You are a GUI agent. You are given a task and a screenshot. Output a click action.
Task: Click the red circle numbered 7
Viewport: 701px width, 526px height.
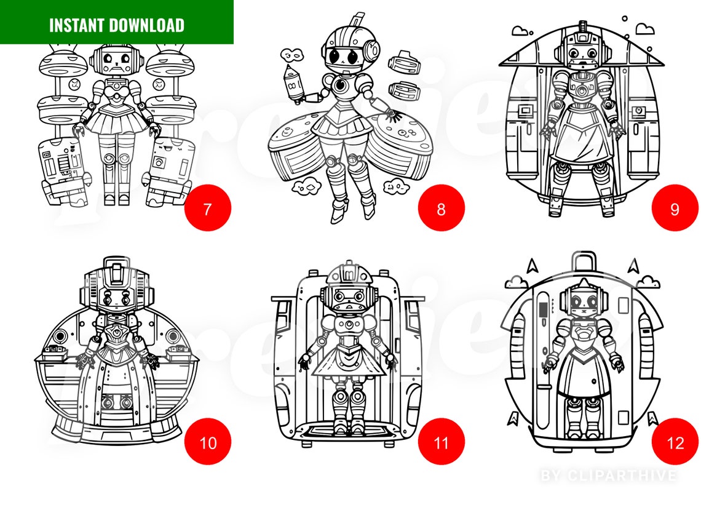[x=208, y=208]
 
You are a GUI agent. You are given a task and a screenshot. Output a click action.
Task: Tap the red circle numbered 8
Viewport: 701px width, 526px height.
[x=442, y=208]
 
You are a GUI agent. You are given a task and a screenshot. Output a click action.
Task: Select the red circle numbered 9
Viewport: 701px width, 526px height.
[x=675, y=208]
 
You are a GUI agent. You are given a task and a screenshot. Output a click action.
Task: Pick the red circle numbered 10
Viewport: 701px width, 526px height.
[x=208, y=442]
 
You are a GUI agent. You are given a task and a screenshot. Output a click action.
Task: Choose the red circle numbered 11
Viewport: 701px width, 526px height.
[x=442, y=442]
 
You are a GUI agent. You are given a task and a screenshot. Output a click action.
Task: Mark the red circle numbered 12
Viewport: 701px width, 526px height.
[x=675, y=442]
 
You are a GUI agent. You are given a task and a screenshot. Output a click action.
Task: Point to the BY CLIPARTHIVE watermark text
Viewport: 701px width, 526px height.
[x=608, y=476]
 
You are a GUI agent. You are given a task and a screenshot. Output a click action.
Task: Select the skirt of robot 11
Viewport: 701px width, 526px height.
[x=349, y=363]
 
